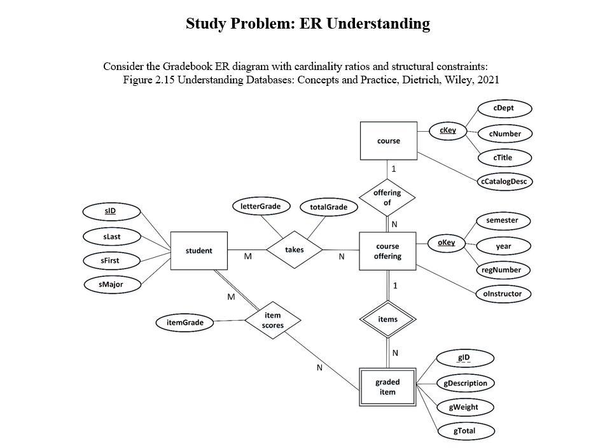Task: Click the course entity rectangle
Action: [x=388, y=141]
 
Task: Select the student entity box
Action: [x=198, y=251]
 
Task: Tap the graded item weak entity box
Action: [x=387, y=387]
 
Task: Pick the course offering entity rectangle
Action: [x=387, y=251]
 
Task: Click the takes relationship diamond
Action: [x=294, y=250]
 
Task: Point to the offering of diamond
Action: [x=387, y=197]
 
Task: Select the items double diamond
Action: [x=387, y=319]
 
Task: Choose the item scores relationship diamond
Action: [x=272, y=320]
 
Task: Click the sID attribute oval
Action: [x=111, y=211]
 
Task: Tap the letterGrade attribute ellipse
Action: [x=261, y=206]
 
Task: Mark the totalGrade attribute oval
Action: [x=329, y=207]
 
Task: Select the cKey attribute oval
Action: [x=448, y=130]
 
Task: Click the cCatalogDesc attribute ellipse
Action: [x=504, y=181]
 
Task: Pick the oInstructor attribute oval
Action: [x=503, y=293]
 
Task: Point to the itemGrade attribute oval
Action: [x=185, y=323]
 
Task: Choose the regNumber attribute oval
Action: [x=503, y=270]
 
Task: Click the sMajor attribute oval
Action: [x=111, y=284]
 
